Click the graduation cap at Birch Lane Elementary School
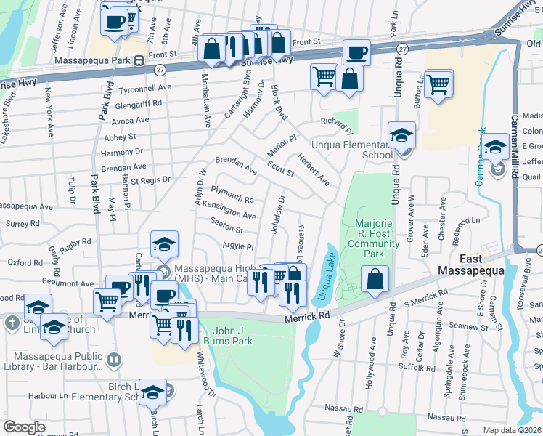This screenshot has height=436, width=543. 152,393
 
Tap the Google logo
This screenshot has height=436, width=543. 24,427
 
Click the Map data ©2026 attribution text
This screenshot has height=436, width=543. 512,430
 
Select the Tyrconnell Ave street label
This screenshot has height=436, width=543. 145,87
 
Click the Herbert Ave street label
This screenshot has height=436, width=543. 312,171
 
